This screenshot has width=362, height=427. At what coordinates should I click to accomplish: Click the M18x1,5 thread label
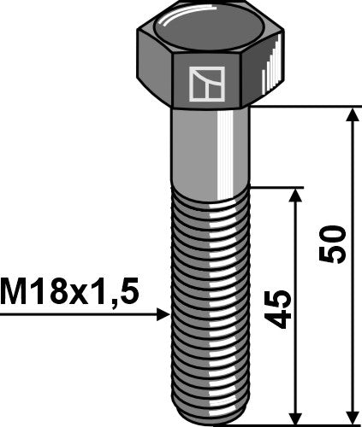(69, 293)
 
